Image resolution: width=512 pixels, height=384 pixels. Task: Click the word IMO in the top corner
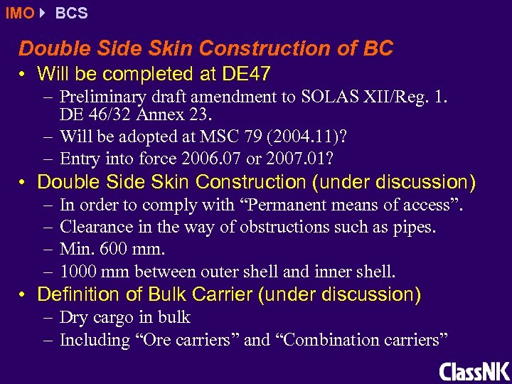pos(19,14)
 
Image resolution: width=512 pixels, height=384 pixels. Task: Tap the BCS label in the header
pos(71,14)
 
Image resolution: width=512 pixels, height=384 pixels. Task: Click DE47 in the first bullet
pos(245,73)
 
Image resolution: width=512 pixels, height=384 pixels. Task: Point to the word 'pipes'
pos(415,228)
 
